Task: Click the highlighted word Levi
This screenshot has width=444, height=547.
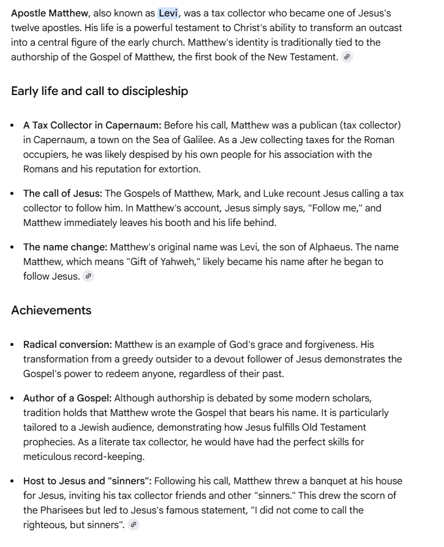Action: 168,13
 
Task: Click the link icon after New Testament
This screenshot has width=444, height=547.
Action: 347,57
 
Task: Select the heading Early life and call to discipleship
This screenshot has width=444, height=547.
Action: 99,91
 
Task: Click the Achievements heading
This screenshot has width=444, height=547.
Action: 51,310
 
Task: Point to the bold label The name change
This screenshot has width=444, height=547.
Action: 65,247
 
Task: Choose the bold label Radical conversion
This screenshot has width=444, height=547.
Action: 67,345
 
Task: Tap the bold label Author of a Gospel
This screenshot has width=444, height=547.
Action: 67,398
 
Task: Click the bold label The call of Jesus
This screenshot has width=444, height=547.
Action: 63,194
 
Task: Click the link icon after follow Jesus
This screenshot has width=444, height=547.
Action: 89,276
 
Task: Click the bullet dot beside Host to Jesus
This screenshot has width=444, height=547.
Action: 13,481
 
